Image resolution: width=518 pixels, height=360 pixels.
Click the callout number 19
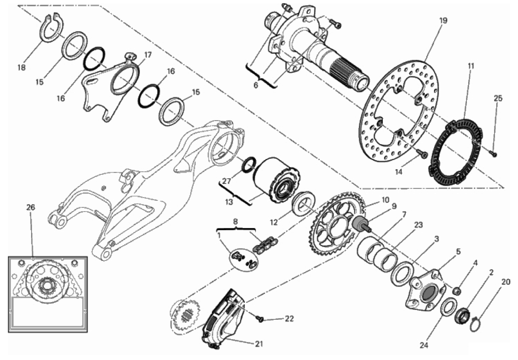pos(443,20)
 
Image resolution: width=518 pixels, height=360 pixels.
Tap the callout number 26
pos(31,207)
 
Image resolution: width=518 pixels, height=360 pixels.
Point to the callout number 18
pos(22,67)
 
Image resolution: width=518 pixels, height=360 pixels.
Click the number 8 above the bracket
pos(235,222)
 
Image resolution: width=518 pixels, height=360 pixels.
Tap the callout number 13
pos(229,202)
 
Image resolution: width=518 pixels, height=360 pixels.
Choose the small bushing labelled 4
pos(457,291)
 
